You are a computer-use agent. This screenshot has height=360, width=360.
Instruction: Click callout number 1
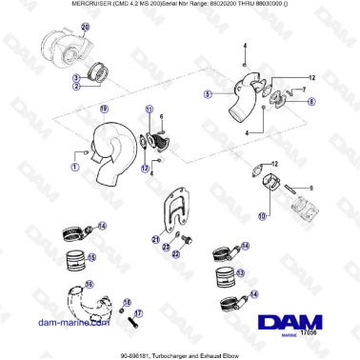74,166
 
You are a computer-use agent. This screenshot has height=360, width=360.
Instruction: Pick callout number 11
149,111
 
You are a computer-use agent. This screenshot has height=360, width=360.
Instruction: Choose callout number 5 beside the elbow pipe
207,94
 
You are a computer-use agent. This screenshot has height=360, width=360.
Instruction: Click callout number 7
304,90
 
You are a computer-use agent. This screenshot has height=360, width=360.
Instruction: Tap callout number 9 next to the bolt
310,187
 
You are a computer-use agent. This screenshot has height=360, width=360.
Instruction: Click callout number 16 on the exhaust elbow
90,285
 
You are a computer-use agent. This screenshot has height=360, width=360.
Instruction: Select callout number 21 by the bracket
154,239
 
